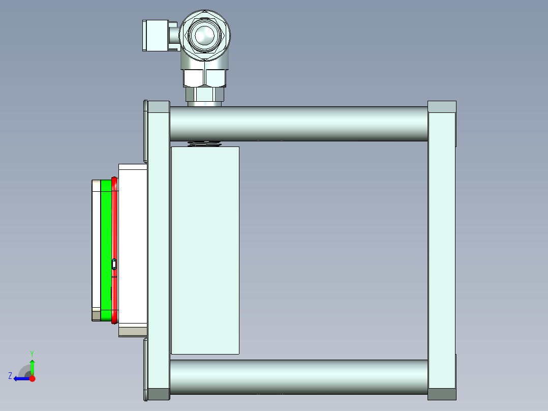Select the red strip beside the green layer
(x=115, y=224)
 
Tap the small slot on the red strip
(x=114, y=264)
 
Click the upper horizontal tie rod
(x=298, y=124)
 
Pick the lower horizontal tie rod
(x=298, y=376)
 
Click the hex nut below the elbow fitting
(x=204, y=78)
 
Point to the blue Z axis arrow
(x=20, y=378)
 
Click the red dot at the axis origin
(x=33, y=378)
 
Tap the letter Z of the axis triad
(x=10, y=376)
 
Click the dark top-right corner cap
(x=442, y=107)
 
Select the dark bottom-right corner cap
(x=442, y=394)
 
